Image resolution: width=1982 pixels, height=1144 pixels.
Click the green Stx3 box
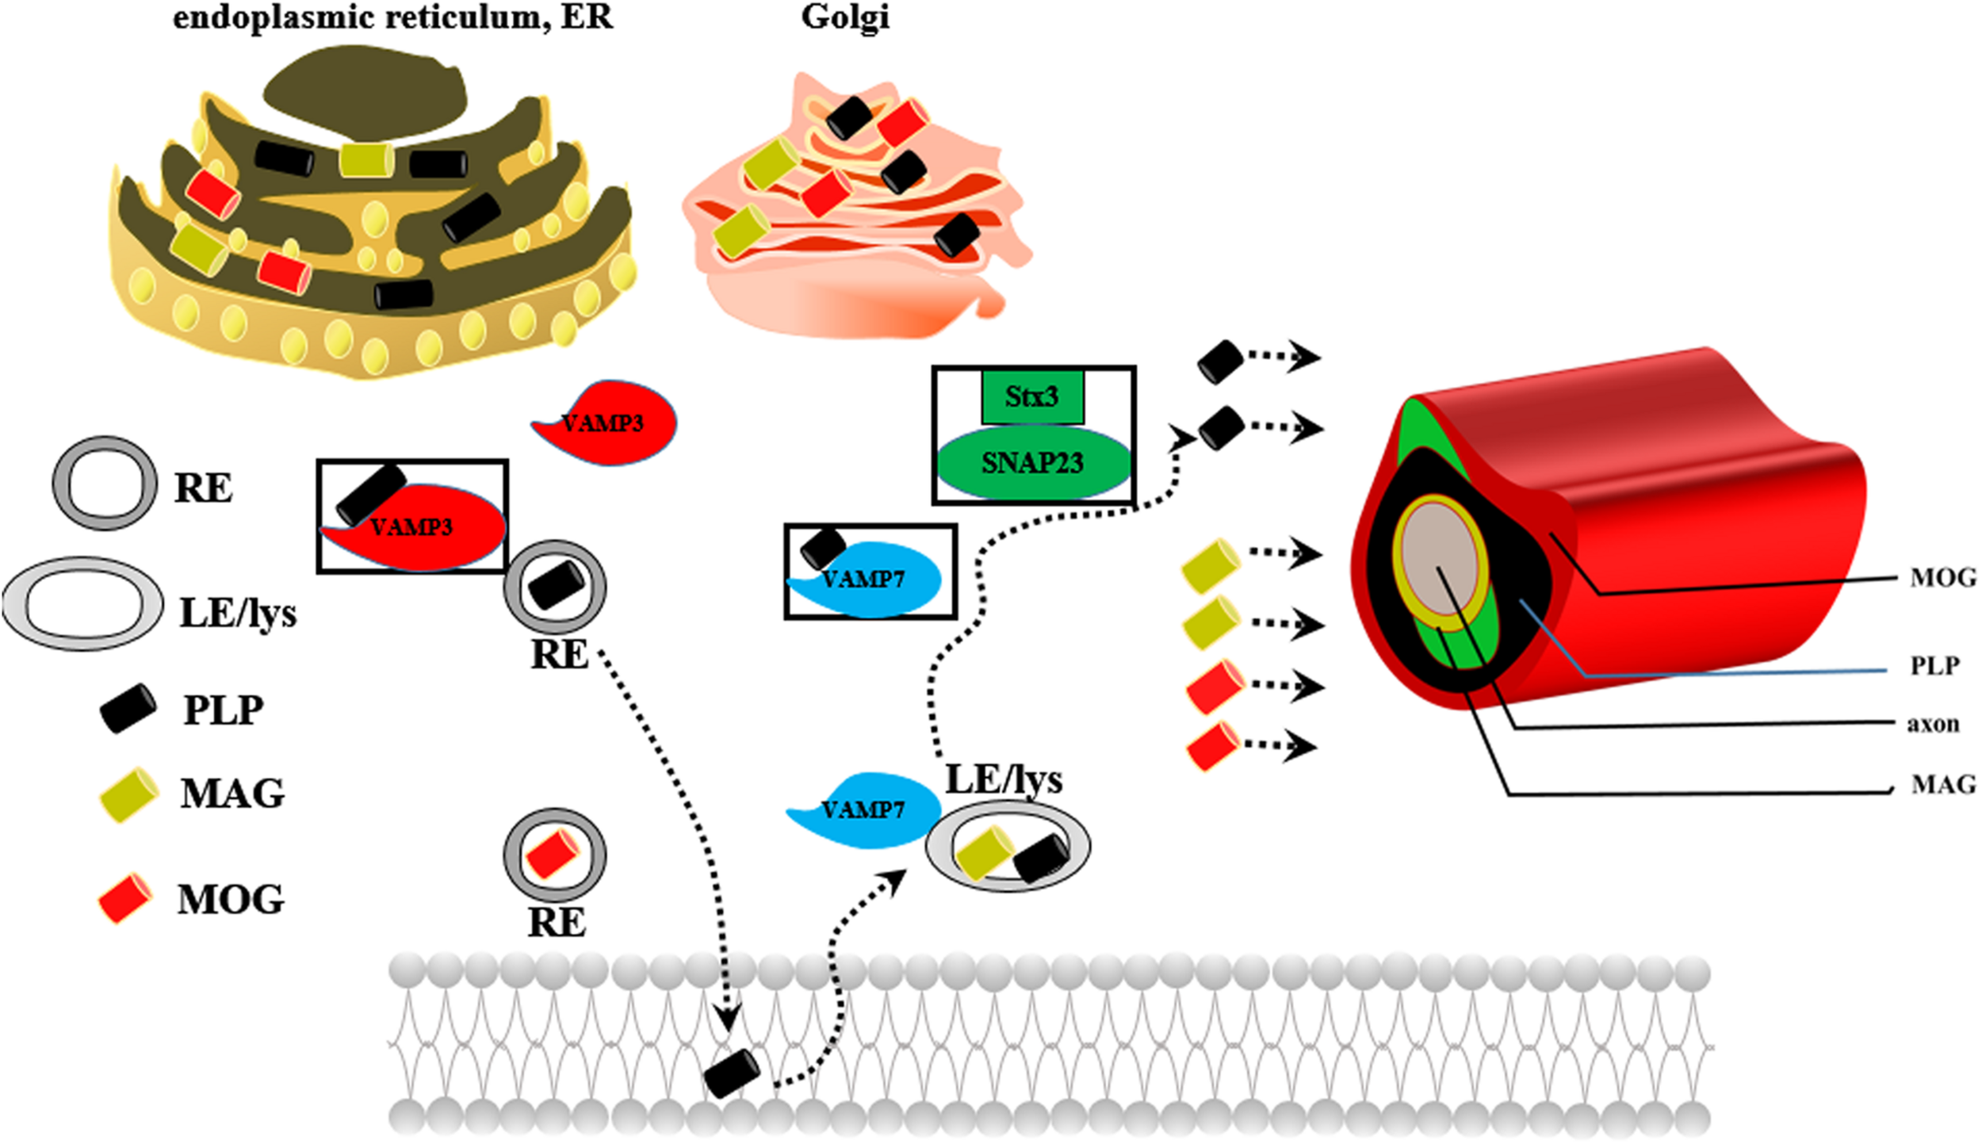coord(1031,396)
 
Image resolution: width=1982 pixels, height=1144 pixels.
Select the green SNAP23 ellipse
coord(1033,464)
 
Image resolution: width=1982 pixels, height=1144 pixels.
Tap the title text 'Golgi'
coord(845,17)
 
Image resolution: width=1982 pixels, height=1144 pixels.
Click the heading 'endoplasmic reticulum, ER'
coord(393,17)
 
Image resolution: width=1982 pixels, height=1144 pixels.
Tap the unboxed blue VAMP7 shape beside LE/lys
coord(864,810)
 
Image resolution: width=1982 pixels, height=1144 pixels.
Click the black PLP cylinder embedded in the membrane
coord(732,1073)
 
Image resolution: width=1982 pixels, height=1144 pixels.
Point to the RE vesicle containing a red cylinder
coord(555,855)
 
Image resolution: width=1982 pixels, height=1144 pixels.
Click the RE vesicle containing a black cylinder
coord(556,587)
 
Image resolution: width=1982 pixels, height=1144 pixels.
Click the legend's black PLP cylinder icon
coord(128,708)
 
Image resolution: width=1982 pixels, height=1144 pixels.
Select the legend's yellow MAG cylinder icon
coord(128,794)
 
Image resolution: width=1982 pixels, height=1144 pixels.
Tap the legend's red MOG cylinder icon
coord(125,898)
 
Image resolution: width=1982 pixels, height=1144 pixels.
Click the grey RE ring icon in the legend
coord(104,484)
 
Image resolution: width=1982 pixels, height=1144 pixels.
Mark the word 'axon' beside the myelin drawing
coord(1933,724)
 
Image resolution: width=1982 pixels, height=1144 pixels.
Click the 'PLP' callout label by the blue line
coord(1934,665)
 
